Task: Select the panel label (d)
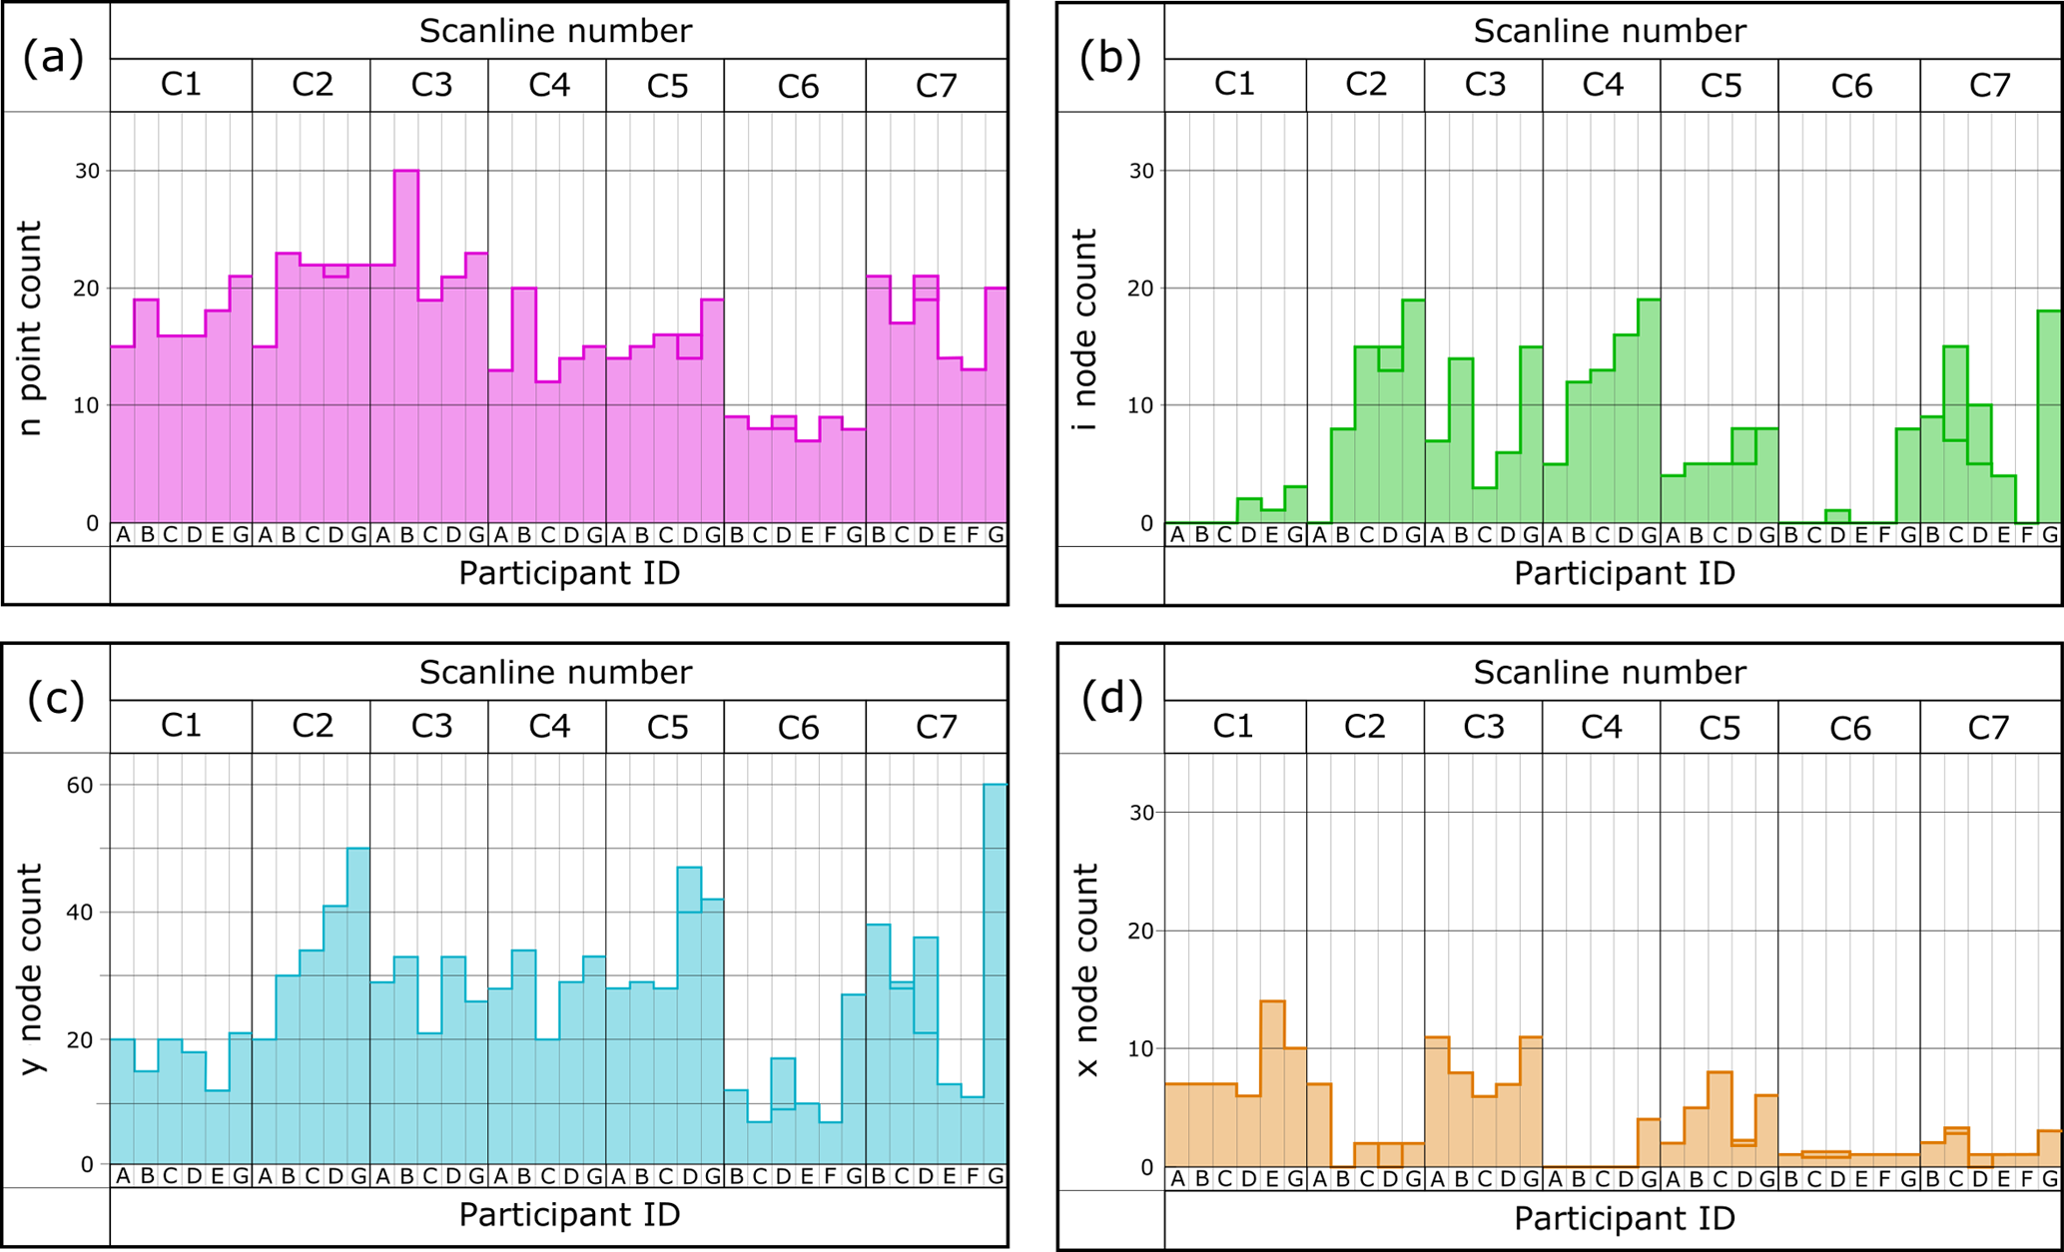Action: click(1110, 700)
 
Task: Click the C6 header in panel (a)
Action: click(798, 87)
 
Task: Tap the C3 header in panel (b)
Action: click(1485, 85)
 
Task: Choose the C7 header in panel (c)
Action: click(936, 727)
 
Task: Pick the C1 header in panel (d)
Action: click(1233, 727)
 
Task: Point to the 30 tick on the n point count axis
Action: click(88, 171)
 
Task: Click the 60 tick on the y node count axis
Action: click(80, 786)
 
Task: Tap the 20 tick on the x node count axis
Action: click(1141, 931)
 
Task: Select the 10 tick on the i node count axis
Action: click(1141, 405)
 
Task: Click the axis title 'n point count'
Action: click(30, 328)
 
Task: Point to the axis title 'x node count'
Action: click(1086, 970)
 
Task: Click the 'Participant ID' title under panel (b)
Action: click(1625, 573)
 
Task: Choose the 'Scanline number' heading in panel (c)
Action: click(555, 672)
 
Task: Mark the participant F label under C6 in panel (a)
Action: click(831, 534)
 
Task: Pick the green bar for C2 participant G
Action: click(1413, 410)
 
